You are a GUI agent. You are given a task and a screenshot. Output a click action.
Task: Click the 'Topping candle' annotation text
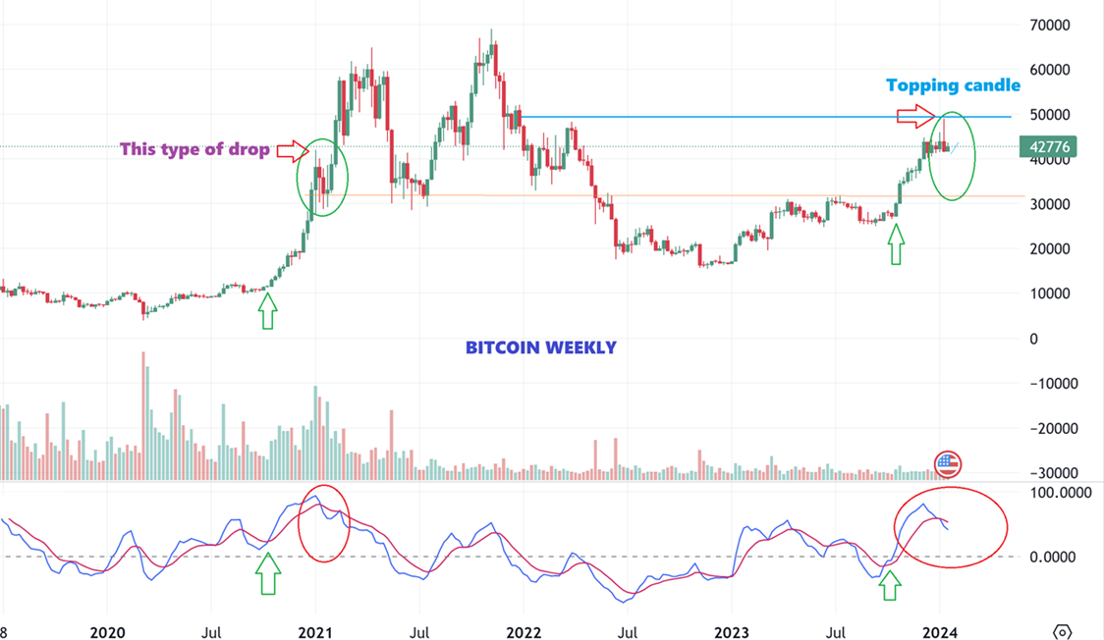[953, 85]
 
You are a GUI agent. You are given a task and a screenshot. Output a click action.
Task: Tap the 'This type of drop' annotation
[194, 150]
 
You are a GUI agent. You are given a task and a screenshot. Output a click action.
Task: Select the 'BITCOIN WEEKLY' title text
[540, 347]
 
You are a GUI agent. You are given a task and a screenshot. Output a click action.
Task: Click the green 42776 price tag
[1049, 147]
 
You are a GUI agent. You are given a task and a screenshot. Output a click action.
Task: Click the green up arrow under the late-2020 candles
[267, 313]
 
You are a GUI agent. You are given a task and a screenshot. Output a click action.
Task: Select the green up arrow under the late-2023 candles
[895, 245]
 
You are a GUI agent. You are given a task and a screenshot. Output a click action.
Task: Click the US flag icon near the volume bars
[947, 465]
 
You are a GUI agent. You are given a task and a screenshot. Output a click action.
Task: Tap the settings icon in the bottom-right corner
[1062, 631]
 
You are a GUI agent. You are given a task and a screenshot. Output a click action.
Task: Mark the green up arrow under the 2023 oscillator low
[889, 586]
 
